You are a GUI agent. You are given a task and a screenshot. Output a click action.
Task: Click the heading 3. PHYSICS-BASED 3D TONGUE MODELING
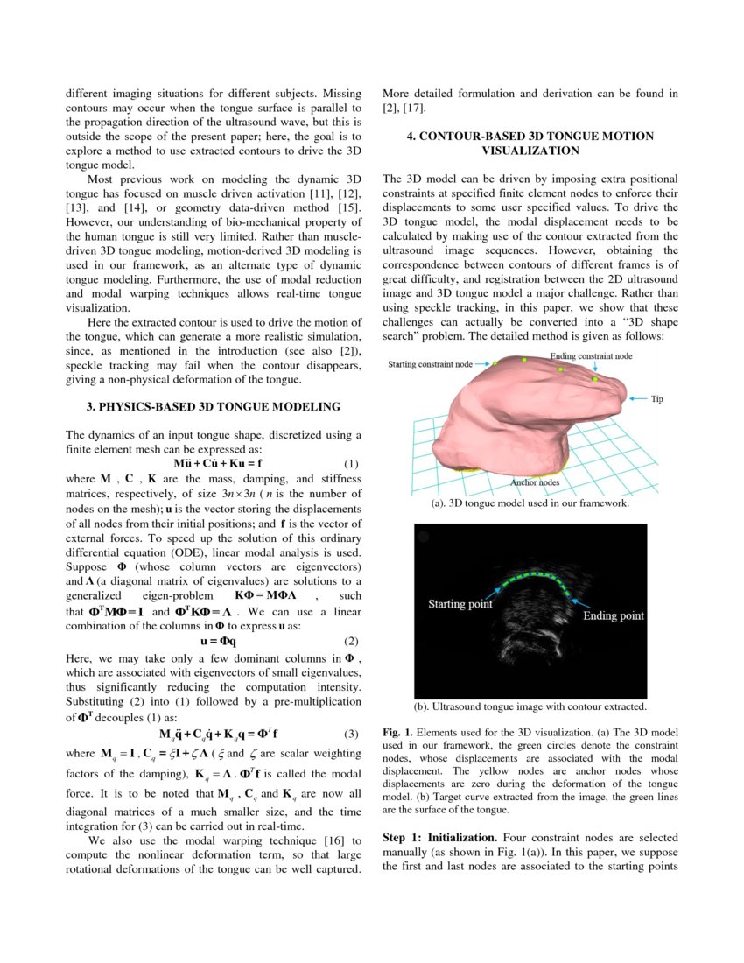pyautogui.click(x=213, y=406)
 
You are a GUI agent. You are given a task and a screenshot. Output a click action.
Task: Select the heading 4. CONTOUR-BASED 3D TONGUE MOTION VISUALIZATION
pyautogui.click(x=530, y=144)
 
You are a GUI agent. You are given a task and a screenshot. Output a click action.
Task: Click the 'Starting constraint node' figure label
pyautogui.click(x=430, y=365)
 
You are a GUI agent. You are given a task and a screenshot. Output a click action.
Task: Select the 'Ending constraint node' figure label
pyautogui.click(x=591, y=356)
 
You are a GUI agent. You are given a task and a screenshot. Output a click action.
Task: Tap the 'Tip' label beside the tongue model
pyautogui.click(x=656, y=399)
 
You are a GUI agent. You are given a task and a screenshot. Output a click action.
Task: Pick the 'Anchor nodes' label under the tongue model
pyautogui.click(x=535, y=481)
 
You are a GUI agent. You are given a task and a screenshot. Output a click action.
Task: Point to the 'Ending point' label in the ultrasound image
pyautogui.click(x=614, y=615)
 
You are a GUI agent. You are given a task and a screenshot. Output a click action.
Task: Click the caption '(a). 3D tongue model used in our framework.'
pyautogui.click(x=530, y=503)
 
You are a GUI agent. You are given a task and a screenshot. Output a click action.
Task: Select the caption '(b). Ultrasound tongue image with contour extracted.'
pyautogui.click(x=530, y=706)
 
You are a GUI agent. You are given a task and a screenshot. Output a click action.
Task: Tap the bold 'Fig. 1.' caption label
pyautogui.click(x=398, y=731)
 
